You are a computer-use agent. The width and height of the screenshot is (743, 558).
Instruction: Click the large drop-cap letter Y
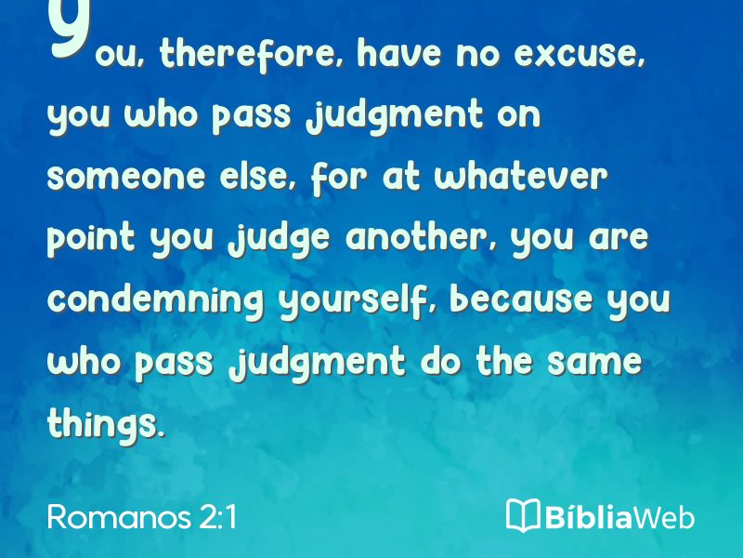(69, 30)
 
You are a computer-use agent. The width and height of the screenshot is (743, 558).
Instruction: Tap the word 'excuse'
(579, 54)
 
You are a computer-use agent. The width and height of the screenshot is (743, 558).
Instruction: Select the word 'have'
(399, 53)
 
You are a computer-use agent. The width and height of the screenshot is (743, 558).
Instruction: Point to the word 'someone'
(126, 177)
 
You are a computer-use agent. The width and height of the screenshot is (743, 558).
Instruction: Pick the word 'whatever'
(521, 176)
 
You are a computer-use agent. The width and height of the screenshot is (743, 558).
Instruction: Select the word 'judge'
(279, 239)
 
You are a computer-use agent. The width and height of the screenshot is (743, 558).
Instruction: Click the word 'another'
(422, 237)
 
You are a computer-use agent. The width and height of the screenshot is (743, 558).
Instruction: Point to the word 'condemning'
(156, 300)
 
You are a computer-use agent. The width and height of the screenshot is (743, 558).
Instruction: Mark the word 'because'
(521, 299)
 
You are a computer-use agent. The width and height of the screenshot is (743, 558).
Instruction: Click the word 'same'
(594, 362)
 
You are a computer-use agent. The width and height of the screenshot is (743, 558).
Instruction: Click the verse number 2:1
(218, 516)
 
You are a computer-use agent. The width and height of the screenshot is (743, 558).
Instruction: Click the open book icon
(523, 515)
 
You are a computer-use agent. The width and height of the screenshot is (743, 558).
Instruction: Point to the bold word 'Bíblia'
(589, 516)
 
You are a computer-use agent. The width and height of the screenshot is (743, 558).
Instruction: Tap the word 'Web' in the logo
(663, 517)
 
